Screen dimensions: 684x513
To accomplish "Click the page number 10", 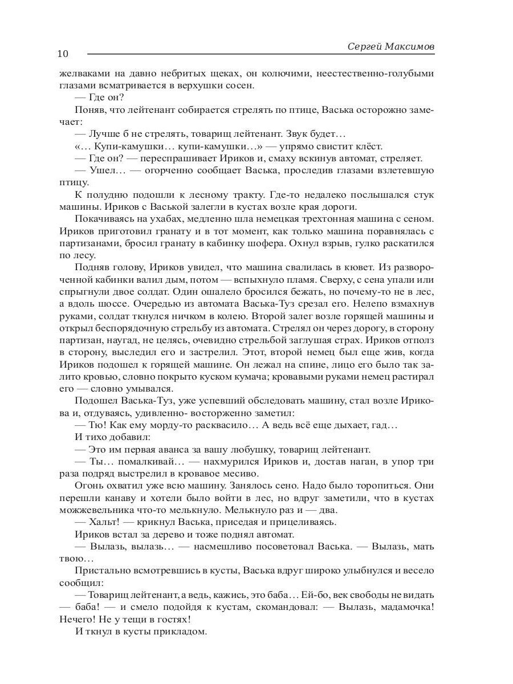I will [x=63, y=54].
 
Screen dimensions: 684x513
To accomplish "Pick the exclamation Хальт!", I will [x=104, y=522].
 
